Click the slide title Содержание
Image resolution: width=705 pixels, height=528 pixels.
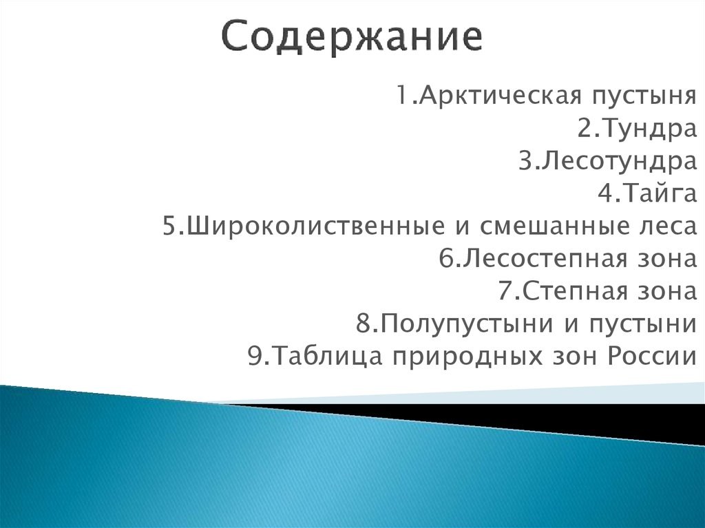point(352,39)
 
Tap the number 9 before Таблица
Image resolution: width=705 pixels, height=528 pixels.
point(253,358)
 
